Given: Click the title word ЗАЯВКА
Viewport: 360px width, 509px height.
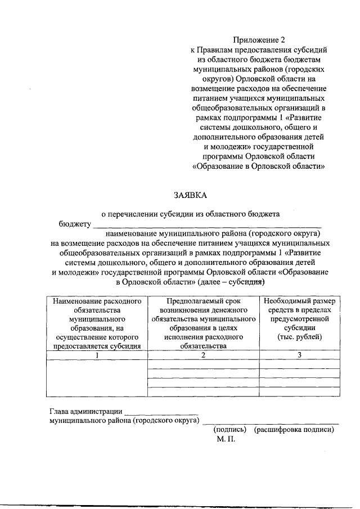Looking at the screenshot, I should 191,195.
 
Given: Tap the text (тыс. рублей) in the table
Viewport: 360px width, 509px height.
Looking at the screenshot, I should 299,337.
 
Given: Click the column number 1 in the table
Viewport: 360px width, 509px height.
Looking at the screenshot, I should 96,355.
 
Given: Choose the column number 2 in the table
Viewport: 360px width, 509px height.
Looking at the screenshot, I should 202,355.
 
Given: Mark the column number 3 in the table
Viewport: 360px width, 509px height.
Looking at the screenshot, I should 299,355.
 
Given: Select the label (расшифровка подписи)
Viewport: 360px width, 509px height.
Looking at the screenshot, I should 294,430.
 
